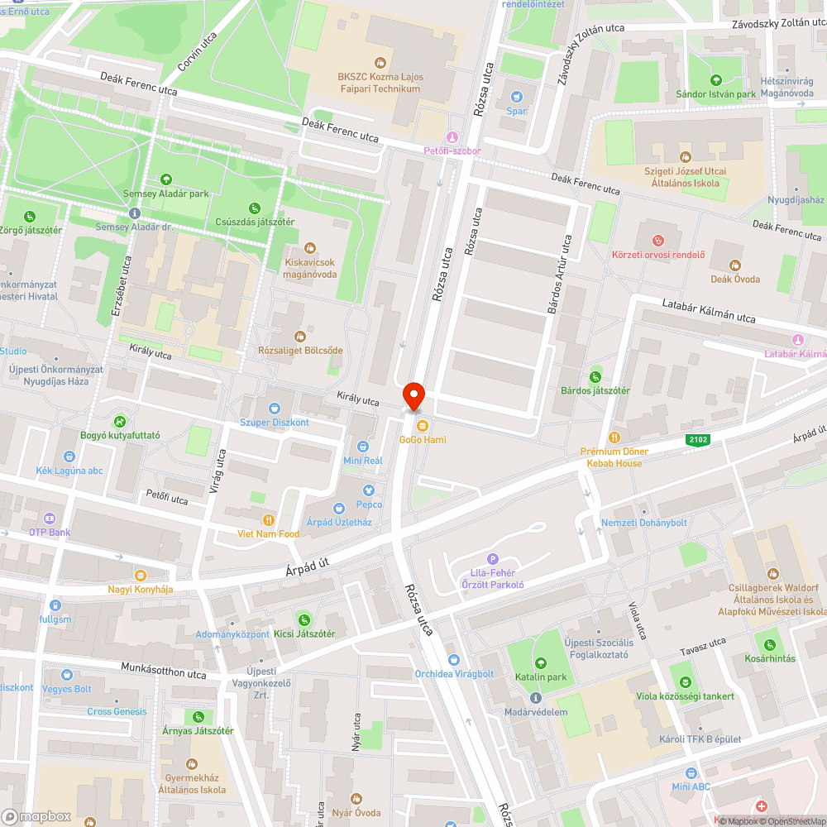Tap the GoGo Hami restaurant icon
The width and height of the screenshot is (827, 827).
(423, 426)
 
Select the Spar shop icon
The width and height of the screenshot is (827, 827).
(518, 97)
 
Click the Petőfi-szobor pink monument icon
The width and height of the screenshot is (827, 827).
(452, 137)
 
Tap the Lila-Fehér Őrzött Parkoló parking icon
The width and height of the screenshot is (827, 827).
(494, 559)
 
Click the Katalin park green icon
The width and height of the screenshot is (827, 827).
(541, 663)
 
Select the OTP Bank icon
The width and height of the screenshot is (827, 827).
(50, 519)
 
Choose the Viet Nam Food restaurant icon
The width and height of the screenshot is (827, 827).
(268, 520)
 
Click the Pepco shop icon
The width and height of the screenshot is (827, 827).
(369, 490)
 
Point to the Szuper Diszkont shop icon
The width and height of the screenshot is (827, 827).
(274, 409)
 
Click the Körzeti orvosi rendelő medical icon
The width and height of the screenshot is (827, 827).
(658, 241)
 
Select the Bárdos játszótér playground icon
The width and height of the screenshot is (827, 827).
(595, 376)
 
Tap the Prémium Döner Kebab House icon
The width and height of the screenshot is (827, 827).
(614, 437)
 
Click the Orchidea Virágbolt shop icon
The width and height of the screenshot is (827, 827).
(453, 659)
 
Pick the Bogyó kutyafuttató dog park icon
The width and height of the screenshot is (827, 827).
(121, 421)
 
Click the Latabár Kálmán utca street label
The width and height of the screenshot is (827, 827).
(709, 312)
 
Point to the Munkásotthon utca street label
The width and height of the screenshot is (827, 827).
(163, 672)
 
